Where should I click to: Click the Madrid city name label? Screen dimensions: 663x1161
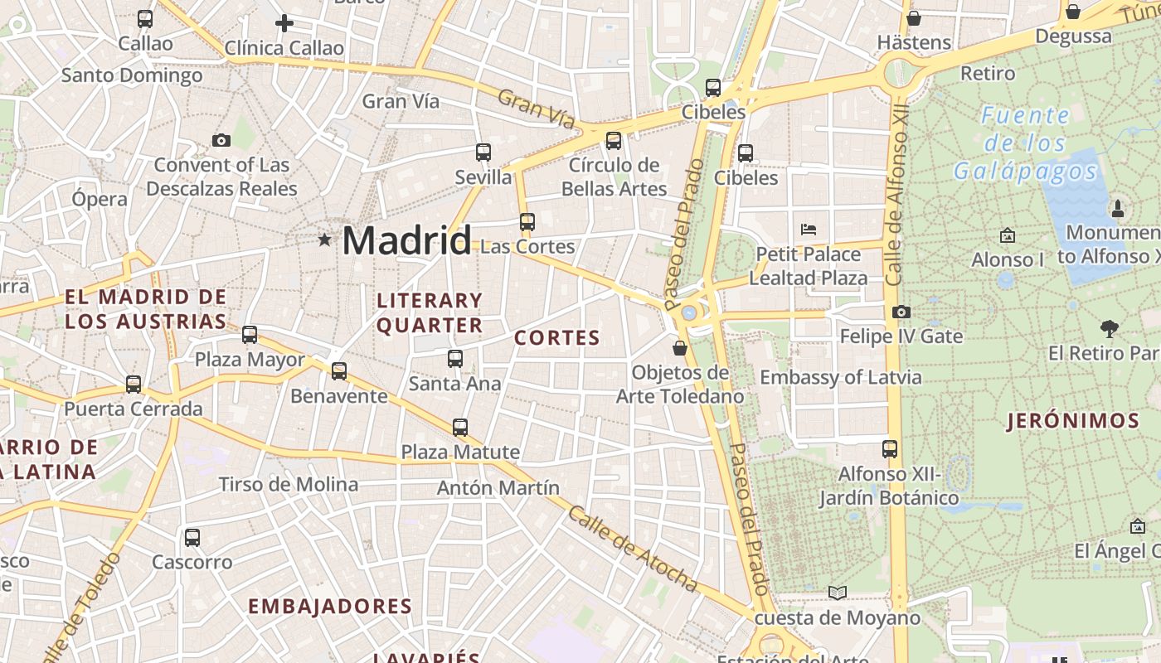(406, 240)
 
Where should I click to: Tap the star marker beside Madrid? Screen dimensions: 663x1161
(324, 240)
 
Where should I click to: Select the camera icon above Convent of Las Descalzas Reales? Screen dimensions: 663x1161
(221, 140)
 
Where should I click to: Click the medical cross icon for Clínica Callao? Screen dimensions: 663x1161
(284, 23)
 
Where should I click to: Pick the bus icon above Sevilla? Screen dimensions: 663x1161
(483, 152)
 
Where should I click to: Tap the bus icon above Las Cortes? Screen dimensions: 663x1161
(527, 222)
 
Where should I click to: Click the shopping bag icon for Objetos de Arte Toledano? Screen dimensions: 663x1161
(680, 348)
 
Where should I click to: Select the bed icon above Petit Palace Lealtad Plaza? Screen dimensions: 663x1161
(809, 229)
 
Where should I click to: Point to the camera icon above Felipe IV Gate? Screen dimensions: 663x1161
(901, 312)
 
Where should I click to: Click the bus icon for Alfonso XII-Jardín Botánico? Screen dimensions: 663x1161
(890, 449)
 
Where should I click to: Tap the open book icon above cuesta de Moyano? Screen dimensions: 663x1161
(838, 593)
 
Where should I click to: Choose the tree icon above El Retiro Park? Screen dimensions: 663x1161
(1110, 329)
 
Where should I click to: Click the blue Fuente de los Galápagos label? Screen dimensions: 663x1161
(1025, 143)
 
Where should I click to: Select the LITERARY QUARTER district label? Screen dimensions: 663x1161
(430, 312)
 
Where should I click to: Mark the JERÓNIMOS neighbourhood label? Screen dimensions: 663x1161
(1073, 421)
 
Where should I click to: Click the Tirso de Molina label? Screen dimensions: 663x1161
(288, 485)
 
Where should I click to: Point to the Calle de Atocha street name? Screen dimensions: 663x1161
(633, 549)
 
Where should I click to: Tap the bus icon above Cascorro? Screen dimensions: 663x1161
(192, 538)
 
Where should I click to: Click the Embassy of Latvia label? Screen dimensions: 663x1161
(840, 377)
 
